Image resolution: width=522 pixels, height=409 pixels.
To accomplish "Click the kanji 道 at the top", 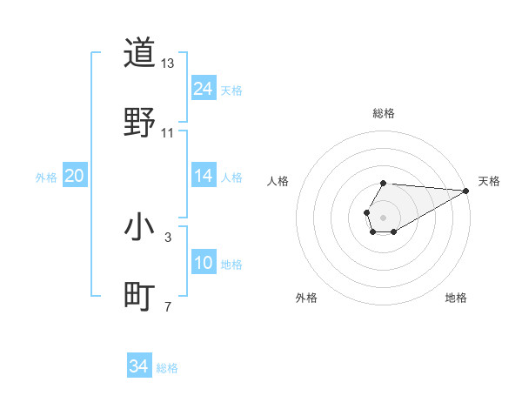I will point(139,54).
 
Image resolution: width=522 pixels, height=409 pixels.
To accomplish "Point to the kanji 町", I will point(139,297).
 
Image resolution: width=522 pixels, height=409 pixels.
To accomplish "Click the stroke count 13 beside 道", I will point(168,64).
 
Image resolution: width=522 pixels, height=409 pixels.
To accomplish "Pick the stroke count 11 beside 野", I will point(168,133).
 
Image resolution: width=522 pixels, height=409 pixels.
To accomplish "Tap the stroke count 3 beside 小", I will point(168,237).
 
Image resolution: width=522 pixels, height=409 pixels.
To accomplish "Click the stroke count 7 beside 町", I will point(168,306).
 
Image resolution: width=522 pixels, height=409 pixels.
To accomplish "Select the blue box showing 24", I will point(204,89).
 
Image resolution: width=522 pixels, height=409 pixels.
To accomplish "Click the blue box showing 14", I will point(204,176).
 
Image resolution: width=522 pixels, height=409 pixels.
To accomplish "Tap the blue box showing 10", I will point(204,263).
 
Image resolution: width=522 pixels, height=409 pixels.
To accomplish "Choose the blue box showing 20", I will point(75,176).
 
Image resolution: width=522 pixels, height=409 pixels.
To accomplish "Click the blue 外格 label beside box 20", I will point(46,178).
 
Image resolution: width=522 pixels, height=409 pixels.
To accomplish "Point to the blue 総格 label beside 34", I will point(167,368).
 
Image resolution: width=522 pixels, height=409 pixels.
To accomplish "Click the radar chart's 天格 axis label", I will point(489,181).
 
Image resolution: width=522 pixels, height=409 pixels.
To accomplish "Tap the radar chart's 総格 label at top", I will point(383,114).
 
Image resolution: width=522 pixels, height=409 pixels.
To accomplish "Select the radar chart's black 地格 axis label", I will point(456,298).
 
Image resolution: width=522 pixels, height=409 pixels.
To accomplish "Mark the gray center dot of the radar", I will point(383,216).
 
